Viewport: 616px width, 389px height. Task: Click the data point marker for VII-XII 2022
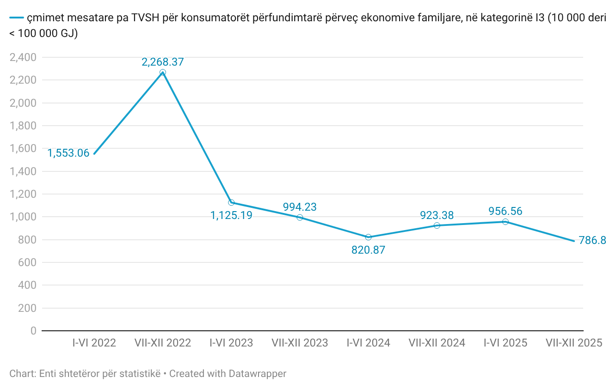coord(163,73)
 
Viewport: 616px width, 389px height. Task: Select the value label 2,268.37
coord(163,62)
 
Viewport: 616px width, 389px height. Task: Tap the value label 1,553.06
coord(68,153)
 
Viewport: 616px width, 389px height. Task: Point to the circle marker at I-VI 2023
coord(231,202)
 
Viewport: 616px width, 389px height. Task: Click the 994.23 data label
coord(300,207)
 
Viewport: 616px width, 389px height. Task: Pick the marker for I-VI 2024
coord(369,237)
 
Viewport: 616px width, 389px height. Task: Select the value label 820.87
coord(368,250)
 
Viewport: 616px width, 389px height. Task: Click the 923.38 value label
coord(437,215)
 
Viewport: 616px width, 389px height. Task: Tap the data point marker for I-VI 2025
coord(505,222)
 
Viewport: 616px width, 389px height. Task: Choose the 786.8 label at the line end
coord(592,241)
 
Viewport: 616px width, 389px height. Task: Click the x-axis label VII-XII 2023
coord(300,343)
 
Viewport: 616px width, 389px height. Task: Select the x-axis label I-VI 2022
coord(94,343)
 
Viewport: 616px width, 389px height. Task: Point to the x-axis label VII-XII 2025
coord(574,343)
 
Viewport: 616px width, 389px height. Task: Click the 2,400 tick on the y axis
coord(23,57)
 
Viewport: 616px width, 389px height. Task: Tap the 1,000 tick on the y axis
coord(23,217)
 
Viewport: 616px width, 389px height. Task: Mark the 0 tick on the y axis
coord(33,331)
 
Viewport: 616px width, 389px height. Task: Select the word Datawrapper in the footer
coord(258,373)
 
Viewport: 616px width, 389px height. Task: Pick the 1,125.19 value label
coord(231,215)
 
